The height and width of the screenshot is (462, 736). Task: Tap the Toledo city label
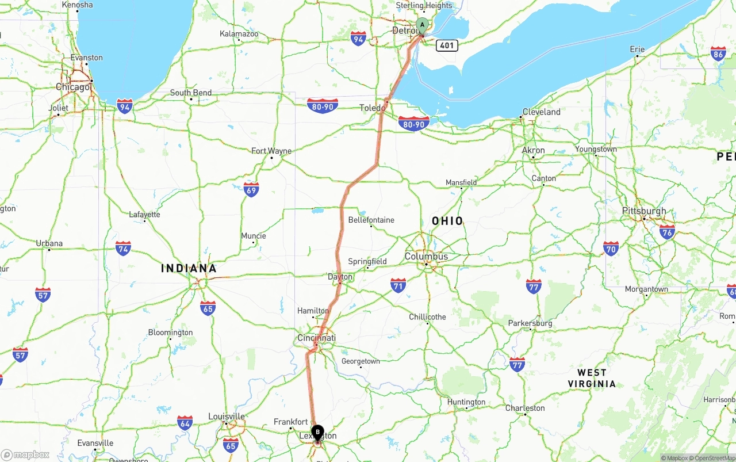[x=373, y=108]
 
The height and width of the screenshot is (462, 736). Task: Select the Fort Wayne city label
[x=271, y=151]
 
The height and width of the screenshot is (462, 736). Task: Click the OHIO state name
[x=447, y=221]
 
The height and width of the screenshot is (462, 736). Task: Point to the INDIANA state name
[x=189, y=268]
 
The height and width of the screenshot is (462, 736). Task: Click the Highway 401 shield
[x=447, y=45]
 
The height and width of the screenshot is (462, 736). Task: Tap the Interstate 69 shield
[x=251, y=189]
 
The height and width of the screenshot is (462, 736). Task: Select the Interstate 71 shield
[x=398, y=285]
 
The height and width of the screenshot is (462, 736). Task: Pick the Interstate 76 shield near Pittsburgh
[x=667, y=232]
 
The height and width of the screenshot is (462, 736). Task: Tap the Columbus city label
[x=426, y=256]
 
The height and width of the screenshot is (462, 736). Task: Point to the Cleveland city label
[x=541, y=112]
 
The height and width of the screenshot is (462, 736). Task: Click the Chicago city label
[x=73, y=87]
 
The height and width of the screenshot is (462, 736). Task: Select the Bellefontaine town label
[x=371, y=220]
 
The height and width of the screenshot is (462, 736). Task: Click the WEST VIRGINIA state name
[x=592, y=378]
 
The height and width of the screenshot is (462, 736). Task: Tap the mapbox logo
[x=25, y=455]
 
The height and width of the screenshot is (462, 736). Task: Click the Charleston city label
[x=525, y=408]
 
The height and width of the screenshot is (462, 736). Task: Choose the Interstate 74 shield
[x=123, y=248]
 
